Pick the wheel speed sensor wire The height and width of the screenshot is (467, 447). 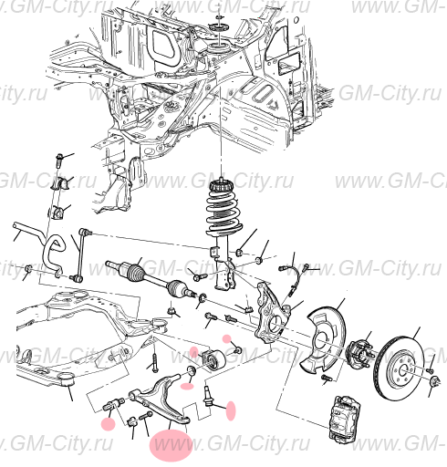click(x=294, y=274)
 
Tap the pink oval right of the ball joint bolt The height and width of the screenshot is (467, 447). click(x=230, y=410)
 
